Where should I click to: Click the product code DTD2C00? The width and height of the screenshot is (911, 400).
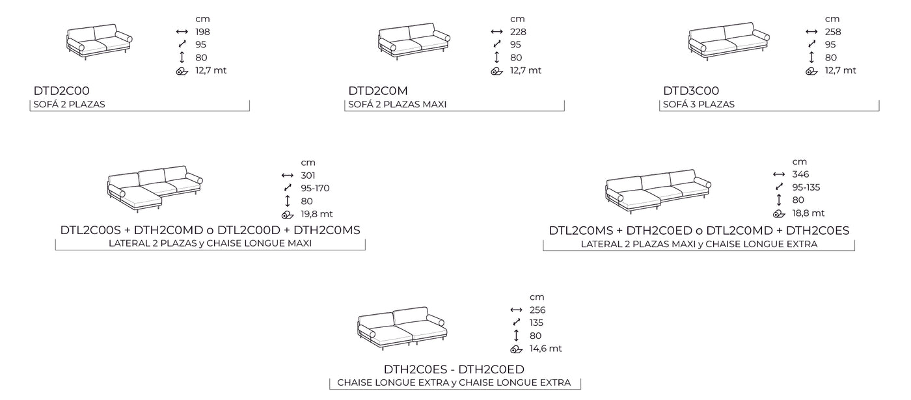(x=61, y=91)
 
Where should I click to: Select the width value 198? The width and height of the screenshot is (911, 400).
(x=202, y=32)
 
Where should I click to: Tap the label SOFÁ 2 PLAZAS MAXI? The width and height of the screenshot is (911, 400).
(x=397, y=104)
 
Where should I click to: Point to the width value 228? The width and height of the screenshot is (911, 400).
(x=518, y=32)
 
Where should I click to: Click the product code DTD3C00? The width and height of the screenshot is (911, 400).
(x=691, y=91)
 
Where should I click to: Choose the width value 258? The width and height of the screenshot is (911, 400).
(x=833, y=32)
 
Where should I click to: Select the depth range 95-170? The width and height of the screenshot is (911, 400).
(x=315, y=189)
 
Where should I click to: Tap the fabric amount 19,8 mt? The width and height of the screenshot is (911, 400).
(x=317, y=214)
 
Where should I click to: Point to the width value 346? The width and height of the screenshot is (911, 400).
(x=800, y=174)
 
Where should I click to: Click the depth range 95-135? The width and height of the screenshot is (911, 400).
(x=806, y=187)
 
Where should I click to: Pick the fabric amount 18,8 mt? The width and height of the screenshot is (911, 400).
(x=808, y=213)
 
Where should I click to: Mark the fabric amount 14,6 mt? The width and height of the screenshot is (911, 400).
(x=545, y=349)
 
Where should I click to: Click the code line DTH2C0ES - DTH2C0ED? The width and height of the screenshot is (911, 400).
(x=454, y=369)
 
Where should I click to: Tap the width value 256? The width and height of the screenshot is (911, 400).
(x=537, y=310)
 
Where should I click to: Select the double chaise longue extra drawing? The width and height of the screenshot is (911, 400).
(x=402, y=324)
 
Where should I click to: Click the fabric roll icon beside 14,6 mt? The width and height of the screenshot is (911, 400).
(x=517, y=349)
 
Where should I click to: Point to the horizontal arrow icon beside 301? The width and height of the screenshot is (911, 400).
(x=288, y=176)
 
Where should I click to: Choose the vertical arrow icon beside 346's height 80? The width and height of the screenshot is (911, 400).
(x=779, y=200)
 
